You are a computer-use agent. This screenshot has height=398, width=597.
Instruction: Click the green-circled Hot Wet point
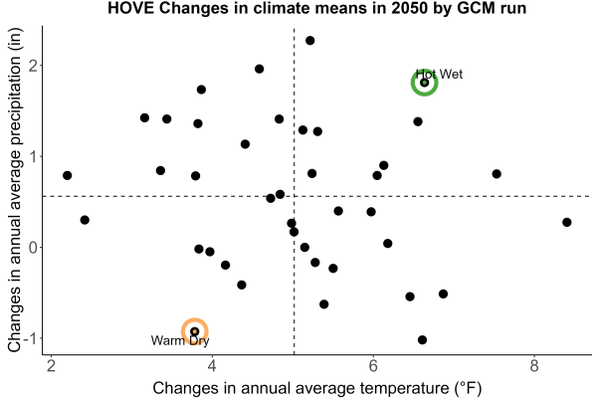[x=425, y=83]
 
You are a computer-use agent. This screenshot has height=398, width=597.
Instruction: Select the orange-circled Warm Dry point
[x=195, y=331]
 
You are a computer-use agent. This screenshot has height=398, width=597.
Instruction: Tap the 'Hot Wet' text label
[x=439, y=74]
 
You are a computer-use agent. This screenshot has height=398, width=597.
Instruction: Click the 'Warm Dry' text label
[x=180, y=340]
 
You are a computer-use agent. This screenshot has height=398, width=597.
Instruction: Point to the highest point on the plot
[x=309, y=41]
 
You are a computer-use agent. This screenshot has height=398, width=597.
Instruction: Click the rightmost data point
[x=567, y=223]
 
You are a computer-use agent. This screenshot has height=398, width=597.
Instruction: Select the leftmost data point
[x=68, y=175]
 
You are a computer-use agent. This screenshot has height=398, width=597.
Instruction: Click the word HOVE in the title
[x=130, y=8]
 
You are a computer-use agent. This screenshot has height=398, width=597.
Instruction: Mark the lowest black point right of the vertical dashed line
[x=422, y=340]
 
